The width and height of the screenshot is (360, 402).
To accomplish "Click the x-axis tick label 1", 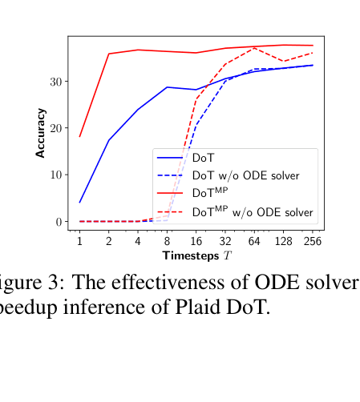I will pos(79,240).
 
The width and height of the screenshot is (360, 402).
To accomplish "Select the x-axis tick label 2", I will pos(108,240).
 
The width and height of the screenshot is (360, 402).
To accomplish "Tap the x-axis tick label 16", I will pos(196,240).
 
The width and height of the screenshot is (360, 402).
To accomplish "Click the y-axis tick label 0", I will pos(58,222).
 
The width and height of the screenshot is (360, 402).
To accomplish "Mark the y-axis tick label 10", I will pos(55,175).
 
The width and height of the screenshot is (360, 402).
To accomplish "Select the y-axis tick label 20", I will pos(55,128).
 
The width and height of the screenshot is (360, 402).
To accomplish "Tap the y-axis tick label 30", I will pos(55,82).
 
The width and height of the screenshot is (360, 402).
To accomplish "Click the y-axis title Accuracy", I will pos(41,133).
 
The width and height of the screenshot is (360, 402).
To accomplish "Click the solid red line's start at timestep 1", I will pos(79,136).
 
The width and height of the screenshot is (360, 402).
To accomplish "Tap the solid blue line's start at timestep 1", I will pos(79,202).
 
